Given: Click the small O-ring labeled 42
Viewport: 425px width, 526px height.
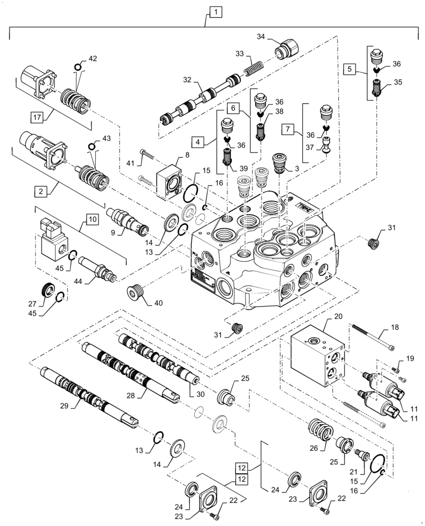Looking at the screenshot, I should (x=78, y=67).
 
